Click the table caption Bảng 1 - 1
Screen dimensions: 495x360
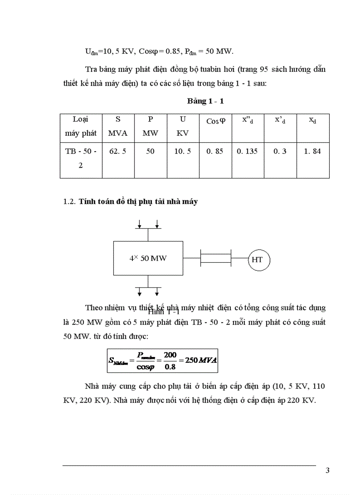point(205,101)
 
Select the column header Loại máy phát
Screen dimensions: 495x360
point(81,126)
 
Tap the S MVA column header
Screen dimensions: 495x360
point(118,126)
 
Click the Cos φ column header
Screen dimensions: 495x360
point(216,121)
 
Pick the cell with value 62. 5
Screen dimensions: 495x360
point(118,151)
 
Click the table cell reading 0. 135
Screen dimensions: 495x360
point(247,151)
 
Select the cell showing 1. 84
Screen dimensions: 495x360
point(312,151)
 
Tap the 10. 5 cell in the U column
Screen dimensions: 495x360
point(183,151)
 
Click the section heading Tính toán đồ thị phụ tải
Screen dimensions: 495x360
point(138,202)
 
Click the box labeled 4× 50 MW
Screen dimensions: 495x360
point(148,258)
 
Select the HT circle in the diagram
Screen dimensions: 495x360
point(257,260)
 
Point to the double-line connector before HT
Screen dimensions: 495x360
point(216,258)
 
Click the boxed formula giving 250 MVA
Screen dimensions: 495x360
point(163,360)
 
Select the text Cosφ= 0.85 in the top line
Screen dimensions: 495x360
point(157,52)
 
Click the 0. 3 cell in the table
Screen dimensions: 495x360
point(280,151)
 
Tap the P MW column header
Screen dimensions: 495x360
point(150,126)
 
